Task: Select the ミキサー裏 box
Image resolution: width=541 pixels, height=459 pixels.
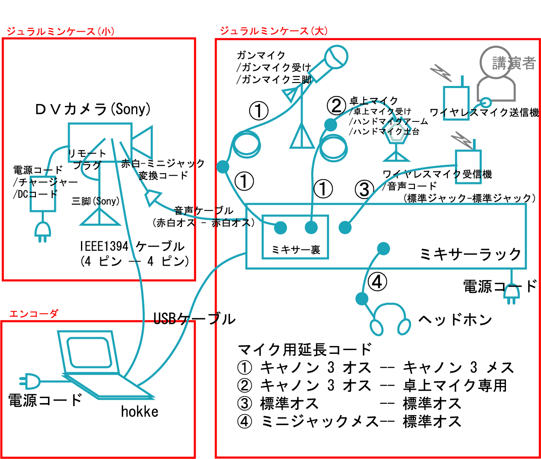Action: coord(295,237)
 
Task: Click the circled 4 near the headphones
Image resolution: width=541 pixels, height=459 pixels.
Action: coord(377,282)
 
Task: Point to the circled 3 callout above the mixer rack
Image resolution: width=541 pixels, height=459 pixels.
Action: coord(364,189)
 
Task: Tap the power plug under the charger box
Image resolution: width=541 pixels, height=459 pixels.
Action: coord(43,232)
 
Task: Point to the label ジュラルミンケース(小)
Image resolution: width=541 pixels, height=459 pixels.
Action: coord(60,31)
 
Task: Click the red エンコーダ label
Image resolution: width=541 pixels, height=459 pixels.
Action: coord(33,314)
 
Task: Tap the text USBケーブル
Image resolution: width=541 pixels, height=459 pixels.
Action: coord(195,319)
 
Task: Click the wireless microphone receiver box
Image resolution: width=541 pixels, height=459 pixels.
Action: coord(468,166)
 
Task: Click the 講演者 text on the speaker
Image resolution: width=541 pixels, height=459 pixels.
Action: coord(513,63)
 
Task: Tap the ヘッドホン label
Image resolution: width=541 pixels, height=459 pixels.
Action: coord(455,320)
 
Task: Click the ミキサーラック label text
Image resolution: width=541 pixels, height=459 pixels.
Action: coord(470,254)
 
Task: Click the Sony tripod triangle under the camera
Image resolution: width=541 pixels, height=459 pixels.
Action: coord(100,217)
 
